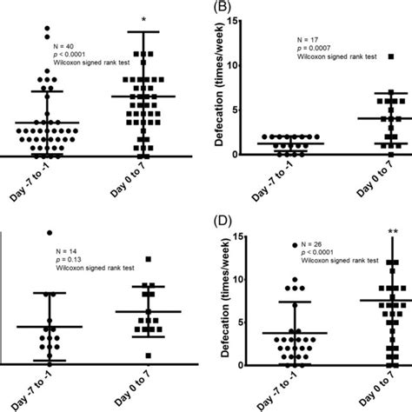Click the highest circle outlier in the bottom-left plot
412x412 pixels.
click(x=50, y=232)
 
